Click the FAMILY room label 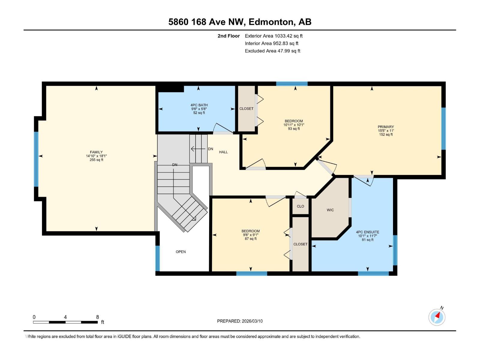[x=96, y=152]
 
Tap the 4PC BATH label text [x=199, y=105]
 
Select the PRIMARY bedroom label [x=386, y=127]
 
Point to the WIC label [x=330, y=210]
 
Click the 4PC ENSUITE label [x=367, y=232]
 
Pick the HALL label [x=223, y=152]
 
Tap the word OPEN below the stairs [x=181, y=252]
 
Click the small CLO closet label [x=300, y=206]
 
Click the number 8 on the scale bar [x=97, y=317]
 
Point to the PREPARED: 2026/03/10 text [x=240, y=321]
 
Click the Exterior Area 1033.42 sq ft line [x=274, y=36]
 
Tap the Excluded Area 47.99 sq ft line [x=272, y=51]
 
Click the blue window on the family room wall [x=36, y=159]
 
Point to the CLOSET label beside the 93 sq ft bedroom [x=246, y=109]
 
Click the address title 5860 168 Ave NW [x=240, y=22]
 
